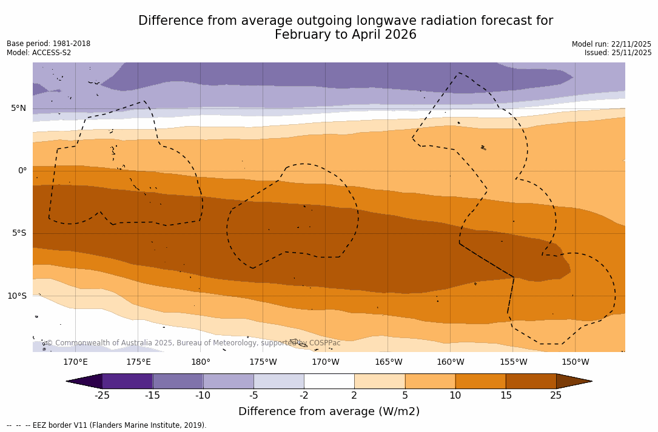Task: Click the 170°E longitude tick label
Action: pyautogui.click(x=75, y=362)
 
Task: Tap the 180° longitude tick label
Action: pyautogui.click(x=201, y=362)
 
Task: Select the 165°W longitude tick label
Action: pyautogui.click(x=388, y=362)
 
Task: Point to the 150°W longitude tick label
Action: pyautogui.click(x=575, y=362)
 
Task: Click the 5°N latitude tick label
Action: pyautogui.click(x=18, y=108)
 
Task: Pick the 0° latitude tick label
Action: pyautogui.click(x=22, y=171)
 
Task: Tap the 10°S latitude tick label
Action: pyautogui.click(x=17, y=296)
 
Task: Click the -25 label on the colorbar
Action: pyautogui.click(x=102, y=396)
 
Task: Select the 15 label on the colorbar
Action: pyautogui.click(x=505, y=396)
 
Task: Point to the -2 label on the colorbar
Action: pyautogui.click(x=304, y=396)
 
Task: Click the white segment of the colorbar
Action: pyautogui.click(x=329, y=381)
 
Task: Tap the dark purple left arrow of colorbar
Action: pyautogui.click(x=84, y=381)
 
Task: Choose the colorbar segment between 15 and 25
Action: pyautogui.click(x=531, y=381)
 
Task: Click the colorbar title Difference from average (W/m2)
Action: pyautogui.click(x=329, y=411)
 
